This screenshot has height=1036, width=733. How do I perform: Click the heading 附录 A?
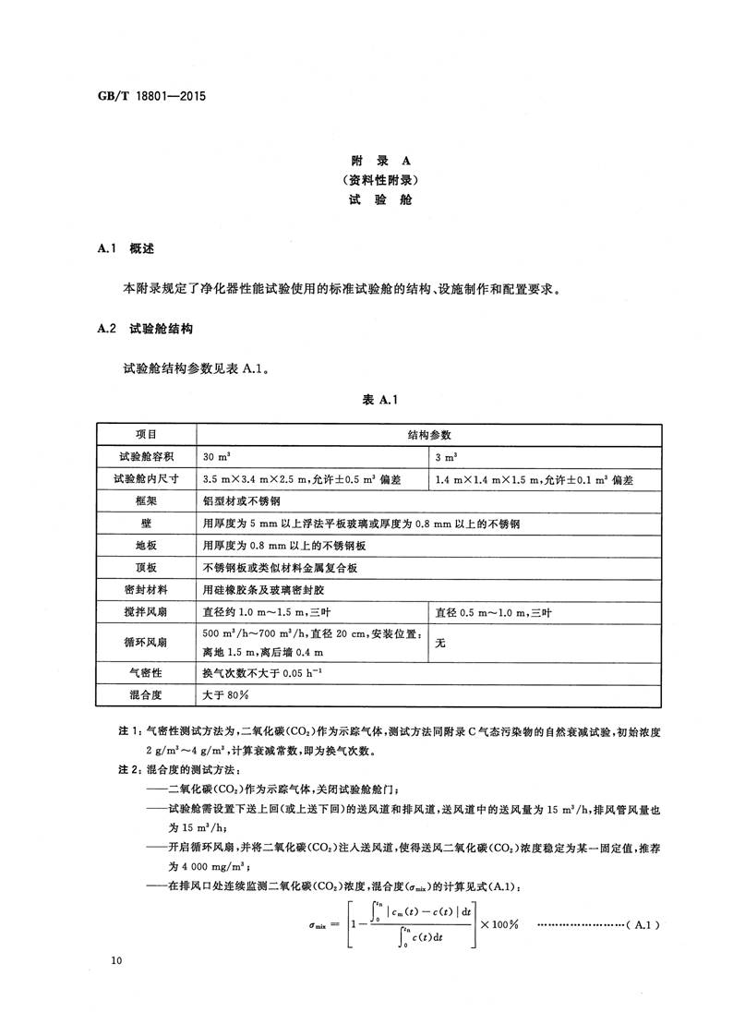click(366, 158)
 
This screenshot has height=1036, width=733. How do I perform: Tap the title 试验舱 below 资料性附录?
click(366, 198)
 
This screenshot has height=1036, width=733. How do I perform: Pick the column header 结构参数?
click(429, 434)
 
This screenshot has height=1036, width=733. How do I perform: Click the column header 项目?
click(147, 434)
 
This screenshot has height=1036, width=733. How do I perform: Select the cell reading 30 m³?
click(216, 456)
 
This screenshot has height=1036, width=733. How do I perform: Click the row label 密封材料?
click(147, 589)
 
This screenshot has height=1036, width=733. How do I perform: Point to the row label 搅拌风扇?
click(147, 611)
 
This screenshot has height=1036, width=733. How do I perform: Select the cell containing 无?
click(440, 643)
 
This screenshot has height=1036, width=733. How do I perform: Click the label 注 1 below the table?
click(128, 730)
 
